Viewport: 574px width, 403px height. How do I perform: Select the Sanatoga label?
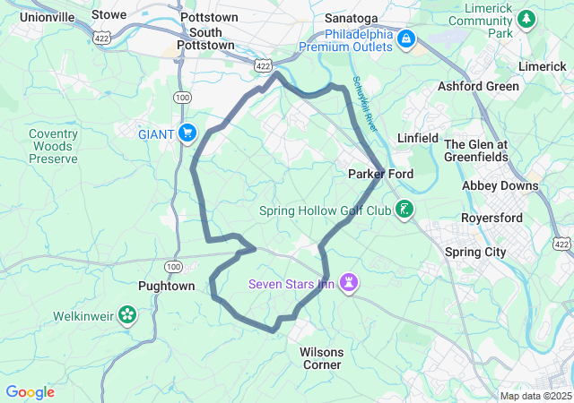350,17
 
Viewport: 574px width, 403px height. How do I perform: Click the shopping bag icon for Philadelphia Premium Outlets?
405,39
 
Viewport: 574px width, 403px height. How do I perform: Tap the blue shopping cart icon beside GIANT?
187,133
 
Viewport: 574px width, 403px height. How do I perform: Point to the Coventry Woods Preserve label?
53,146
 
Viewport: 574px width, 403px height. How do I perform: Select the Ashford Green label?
478,87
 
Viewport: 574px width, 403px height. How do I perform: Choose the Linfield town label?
418,138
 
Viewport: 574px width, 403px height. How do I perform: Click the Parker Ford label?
379,174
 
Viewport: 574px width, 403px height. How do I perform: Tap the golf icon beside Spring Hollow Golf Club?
405,210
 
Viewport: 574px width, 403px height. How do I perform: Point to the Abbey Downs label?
500,186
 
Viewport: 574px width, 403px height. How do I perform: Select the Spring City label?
475,253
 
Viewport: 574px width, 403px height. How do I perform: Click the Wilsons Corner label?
321,358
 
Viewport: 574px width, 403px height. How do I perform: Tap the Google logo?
30,392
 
